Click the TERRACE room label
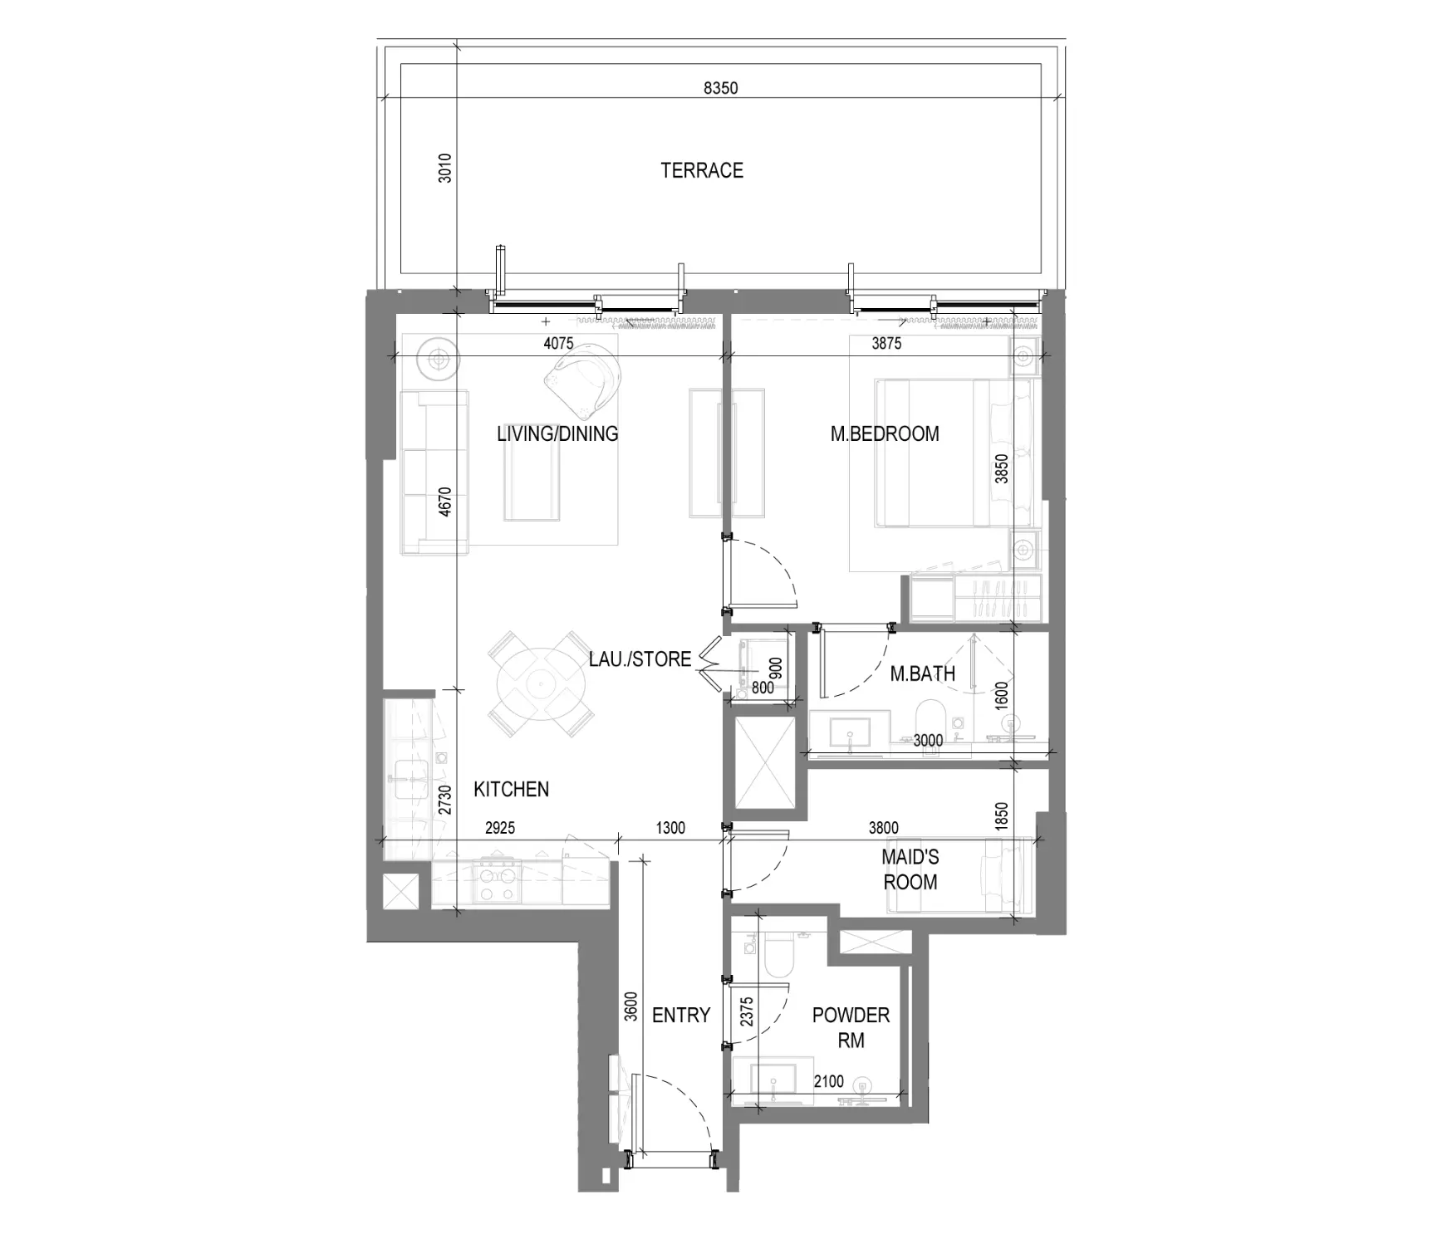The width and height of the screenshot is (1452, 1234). click(x=702, y=170)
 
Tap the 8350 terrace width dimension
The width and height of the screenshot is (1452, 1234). click(x=720, y=87)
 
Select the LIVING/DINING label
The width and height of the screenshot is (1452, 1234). click(x=557, y=433)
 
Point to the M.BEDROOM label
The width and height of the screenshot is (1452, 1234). click(x=885, y=433)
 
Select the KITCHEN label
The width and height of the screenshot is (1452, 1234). click(x=511, y=789)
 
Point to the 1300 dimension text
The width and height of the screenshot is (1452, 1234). click(x=670, y=827)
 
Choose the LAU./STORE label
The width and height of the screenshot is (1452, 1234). click(x=640, y=659)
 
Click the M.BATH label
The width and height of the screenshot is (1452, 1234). click(x=922, y=674)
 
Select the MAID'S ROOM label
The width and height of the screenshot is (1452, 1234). click(x=910, y=869)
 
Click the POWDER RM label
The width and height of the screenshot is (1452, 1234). click(x=851, y=1027)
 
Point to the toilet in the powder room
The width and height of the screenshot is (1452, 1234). click(x=779, y=952)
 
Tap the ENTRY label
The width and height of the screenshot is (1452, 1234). click(x=681, y=1015)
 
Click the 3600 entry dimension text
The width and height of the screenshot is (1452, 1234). click(x=630, y=1006)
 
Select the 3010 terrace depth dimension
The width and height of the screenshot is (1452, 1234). click(x=445, y=168)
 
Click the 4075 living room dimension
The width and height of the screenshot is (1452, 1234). click(x=559, y=343)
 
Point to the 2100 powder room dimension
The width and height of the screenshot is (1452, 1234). click(x=828, y=1081)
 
